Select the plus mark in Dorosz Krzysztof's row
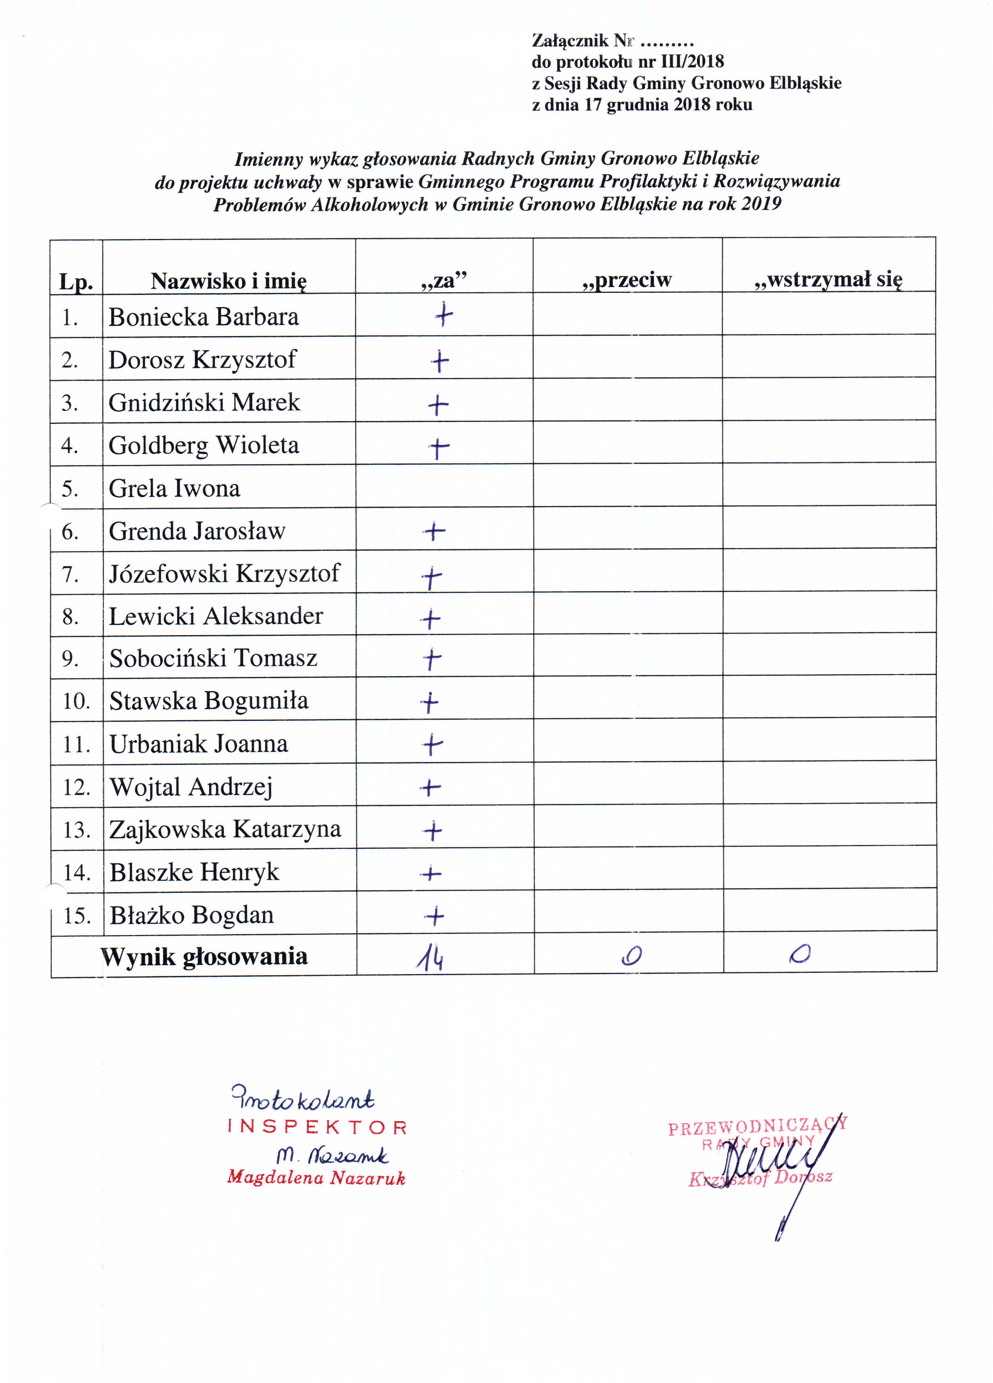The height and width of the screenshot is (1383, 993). (440, 361)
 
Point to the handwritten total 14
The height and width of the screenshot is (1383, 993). (431, 959)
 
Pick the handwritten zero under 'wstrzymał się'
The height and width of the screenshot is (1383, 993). (800, 954)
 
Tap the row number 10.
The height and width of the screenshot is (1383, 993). (76, 701)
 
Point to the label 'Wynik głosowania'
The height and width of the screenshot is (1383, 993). (204, 957)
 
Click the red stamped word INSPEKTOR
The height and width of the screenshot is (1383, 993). (317, 1127)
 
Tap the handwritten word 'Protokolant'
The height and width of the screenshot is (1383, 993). (303, 1099)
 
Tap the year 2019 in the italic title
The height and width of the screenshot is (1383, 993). (761, 204)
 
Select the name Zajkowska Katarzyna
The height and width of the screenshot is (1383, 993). (224, 829)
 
